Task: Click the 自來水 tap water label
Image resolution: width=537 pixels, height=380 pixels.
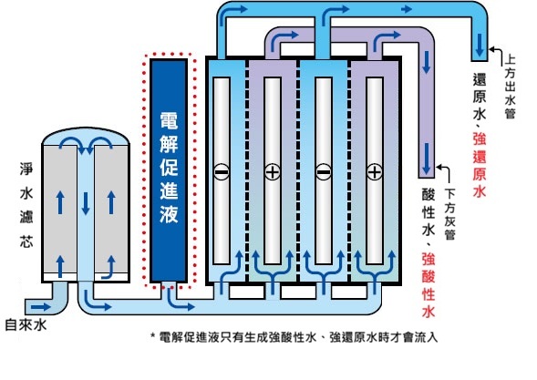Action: [26, 325]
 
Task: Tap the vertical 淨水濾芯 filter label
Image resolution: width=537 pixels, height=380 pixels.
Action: [26, 205]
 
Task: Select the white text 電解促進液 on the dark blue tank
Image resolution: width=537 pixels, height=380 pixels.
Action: [169, 168]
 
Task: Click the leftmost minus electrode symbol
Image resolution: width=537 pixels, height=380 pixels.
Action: [222, 171]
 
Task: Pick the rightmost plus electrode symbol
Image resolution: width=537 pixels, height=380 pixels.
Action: [375, 171]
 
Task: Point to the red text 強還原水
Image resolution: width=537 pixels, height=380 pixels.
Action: [480, 166]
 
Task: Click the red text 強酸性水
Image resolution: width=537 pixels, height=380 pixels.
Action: [429, 285]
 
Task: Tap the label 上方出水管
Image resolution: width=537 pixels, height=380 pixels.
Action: [510, 87]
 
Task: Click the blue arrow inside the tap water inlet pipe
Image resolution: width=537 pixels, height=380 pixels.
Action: [41, 306]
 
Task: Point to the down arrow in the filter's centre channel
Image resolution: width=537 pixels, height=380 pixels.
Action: [86, 204]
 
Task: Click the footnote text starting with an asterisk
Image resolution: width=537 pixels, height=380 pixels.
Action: [294, 337]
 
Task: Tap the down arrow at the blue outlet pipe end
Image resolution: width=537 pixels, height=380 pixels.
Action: [480, 45]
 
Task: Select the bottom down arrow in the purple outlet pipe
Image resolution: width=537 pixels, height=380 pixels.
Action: [427, 159]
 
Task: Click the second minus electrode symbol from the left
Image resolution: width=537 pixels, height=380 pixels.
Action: [324, 171]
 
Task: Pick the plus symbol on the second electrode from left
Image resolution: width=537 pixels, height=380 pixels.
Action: [273, 171]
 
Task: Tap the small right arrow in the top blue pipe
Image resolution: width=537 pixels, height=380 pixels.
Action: [407, 9]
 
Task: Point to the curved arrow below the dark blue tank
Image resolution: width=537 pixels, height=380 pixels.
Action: [179, 300]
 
